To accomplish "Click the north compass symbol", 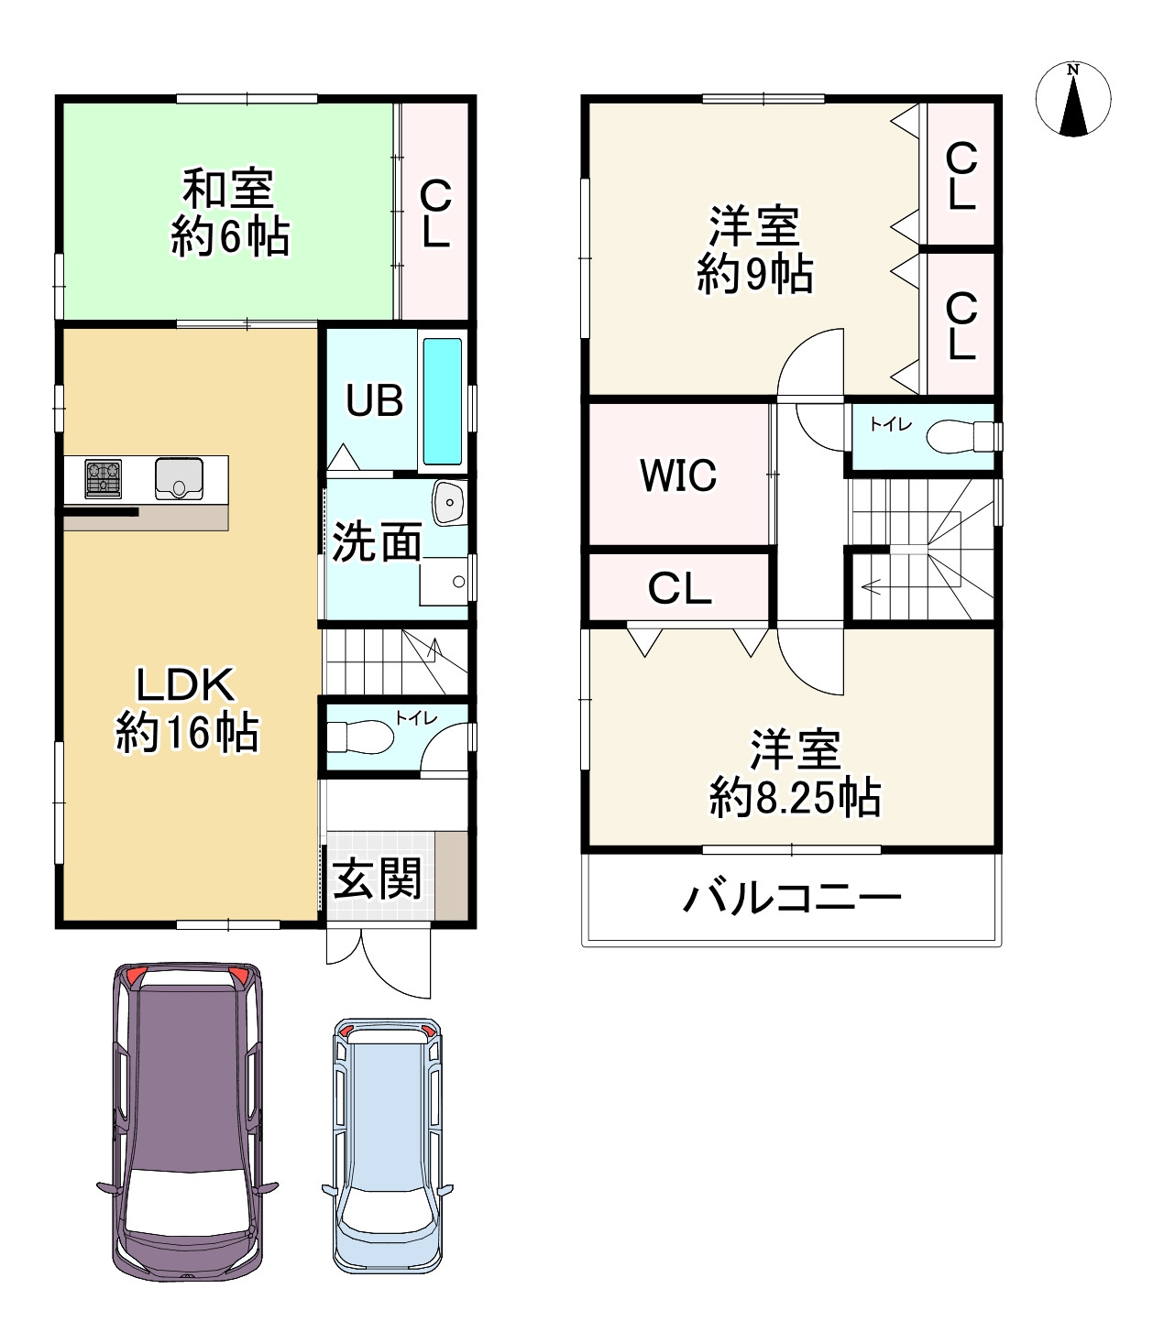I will tap(1072, 100).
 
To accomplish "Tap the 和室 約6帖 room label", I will tap(229, 213).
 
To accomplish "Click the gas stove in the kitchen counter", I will tap(104, 479).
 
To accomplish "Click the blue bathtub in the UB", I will tap(442, 401).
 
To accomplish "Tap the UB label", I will tap(373, 400).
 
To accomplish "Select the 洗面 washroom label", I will tap(376, 542).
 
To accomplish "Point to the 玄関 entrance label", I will tap(377, 879).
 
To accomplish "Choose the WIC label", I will tap(678, 475).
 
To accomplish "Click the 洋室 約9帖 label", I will tap(754, 249).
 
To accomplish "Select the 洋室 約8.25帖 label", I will tap(795, 774).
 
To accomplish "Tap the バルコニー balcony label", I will tap(792, 898).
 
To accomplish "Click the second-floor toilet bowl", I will tap(953, 436).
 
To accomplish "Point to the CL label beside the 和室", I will tap(434, 213).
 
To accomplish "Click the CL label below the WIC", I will tap(679, 589).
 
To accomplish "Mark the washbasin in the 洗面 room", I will tap(449, 502).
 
